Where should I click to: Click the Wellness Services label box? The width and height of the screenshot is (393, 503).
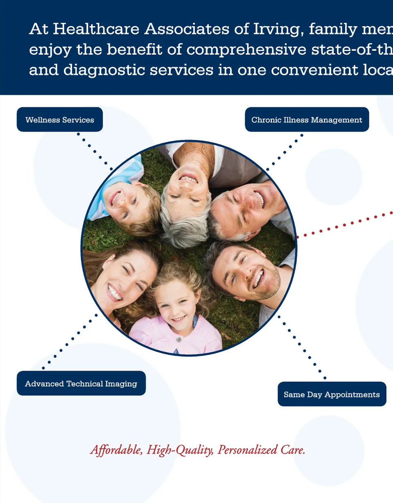[60, 120]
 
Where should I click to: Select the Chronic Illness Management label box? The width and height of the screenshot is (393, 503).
[307, 120]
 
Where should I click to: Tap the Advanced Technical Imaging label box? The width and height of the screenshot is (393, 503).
[81, 383]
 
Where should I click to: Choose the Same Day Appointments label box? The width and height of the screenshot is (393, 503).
[332, 394]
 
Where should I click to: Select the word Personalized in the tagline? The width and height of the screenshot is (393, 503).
[247, 450]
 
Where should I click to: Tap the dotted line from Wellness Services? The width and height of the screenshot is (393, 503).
[95, 151]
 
